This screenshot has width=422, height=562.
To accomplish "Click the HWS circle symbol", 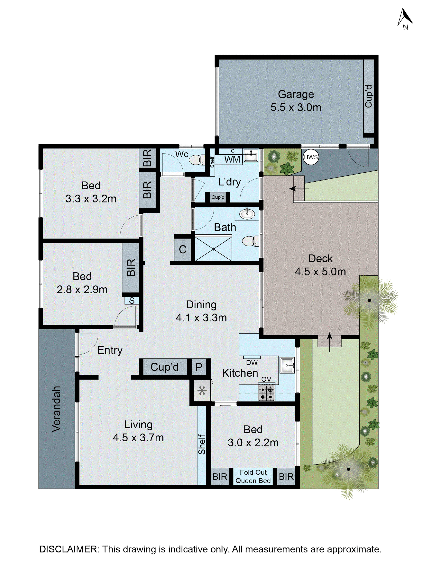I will click(311, 157).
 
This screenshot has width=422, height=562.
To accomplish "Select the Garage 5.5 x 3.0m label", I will click(296, 101).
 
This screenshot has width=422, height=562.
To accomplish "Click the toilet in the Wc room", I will click(197, 160).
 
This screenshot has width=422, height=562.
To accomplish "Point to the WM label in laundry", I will click(232, 160).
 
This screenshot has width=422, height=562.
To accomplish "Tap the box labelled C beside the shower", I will click(183, 249).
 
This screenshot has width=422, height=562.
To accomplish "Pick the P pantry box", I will click(199, 367).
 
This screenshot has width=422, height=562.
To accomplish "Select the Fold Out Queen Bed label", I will click(253, 476).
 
